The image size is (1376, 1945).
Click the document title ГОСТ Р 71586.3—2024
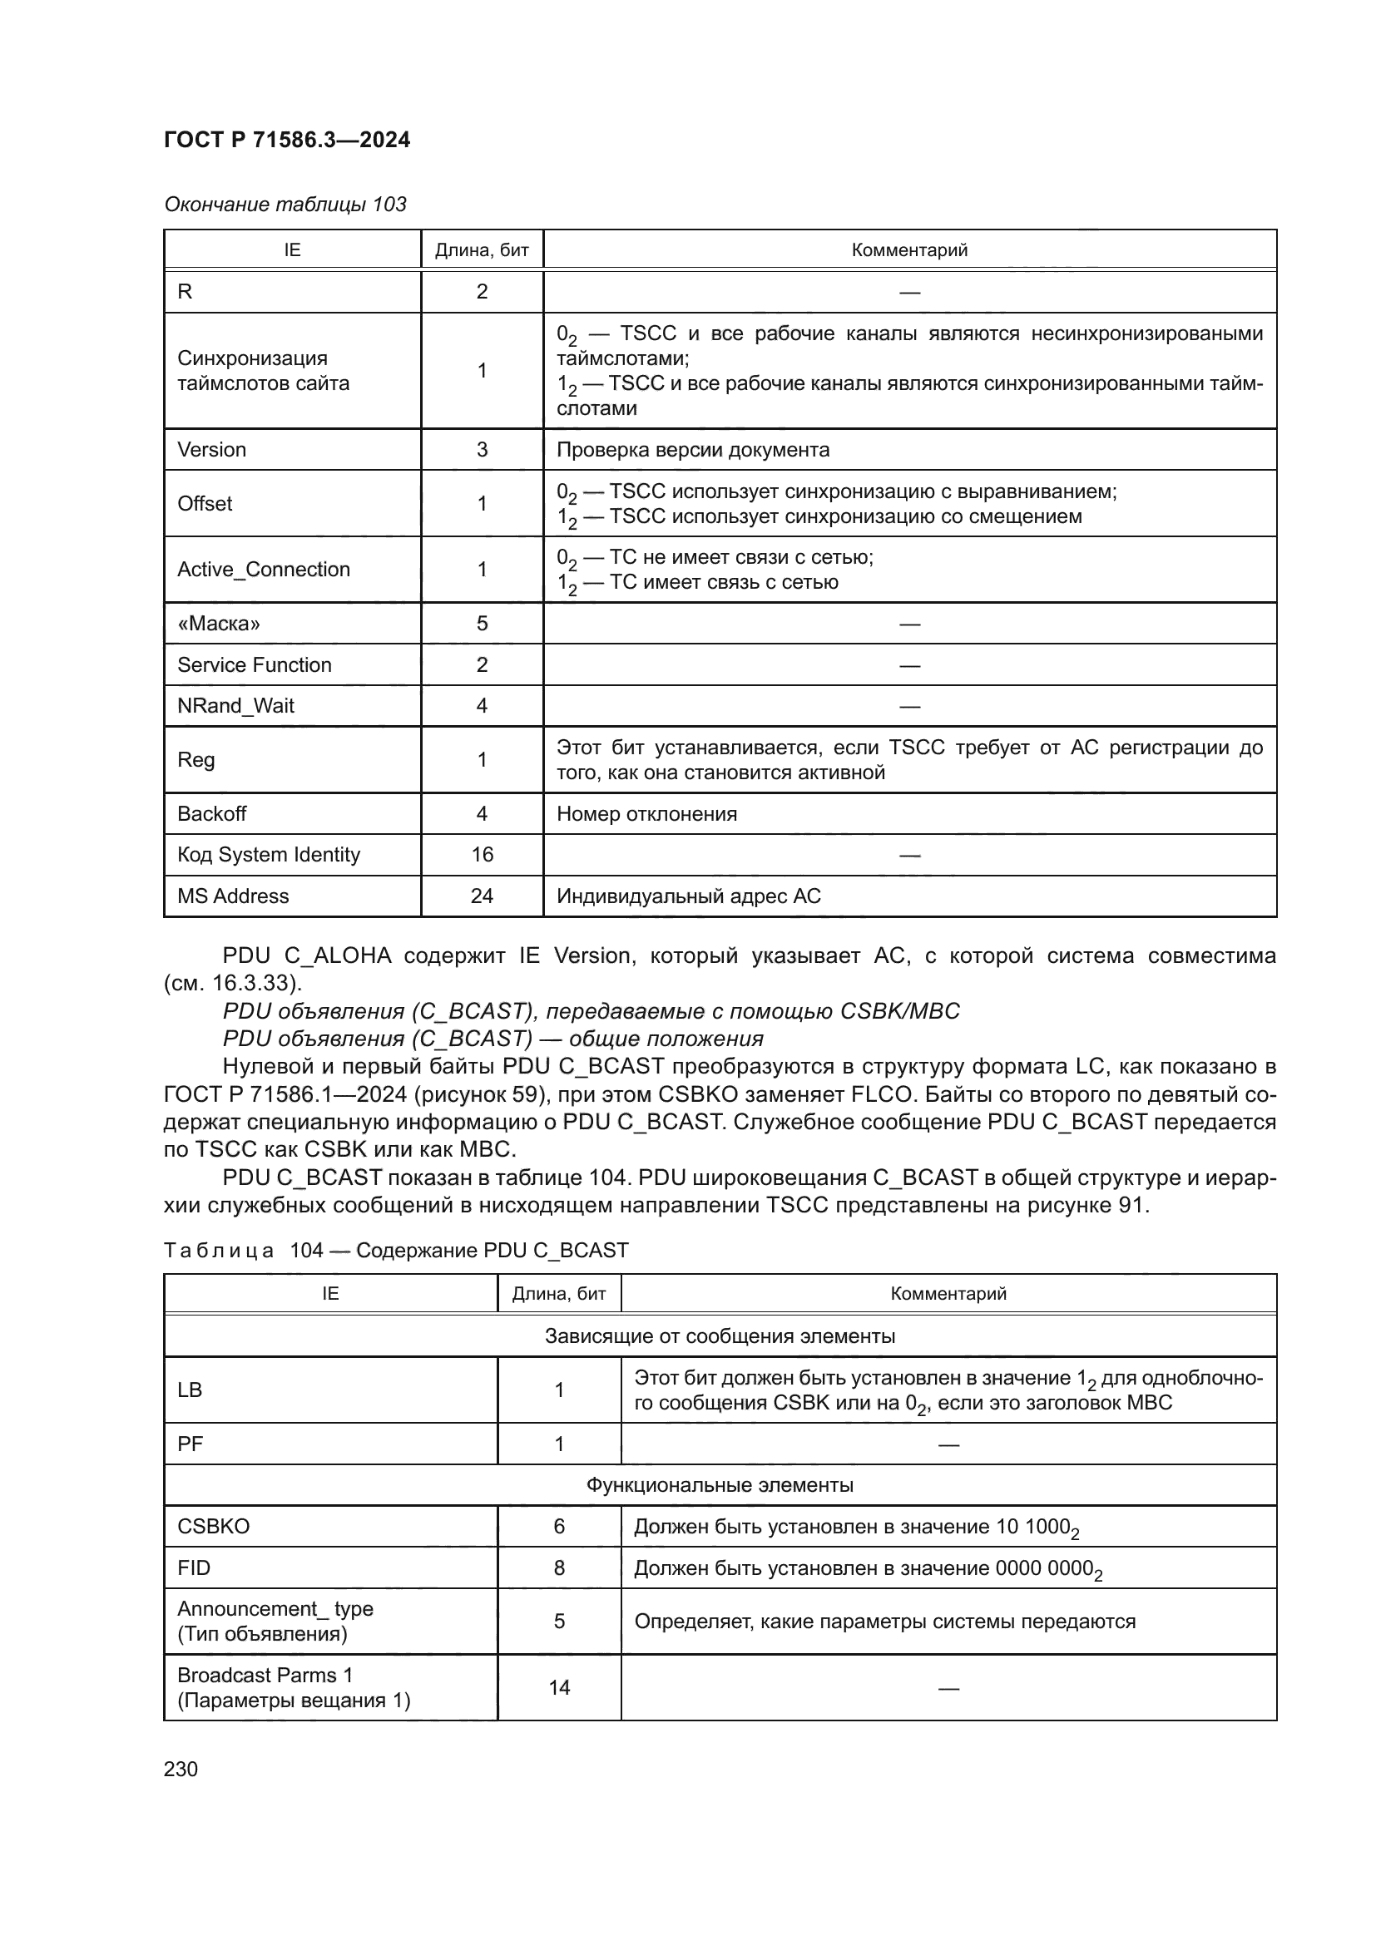(x=286, y=140)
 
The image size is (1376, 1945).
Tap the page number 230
(x=181, y=1769)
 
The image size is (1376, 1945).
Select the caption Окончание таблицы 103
(x=285, y=205)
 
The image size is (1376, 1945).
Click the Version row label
(x=212, y=450)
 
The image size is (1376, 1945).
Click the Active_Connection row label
(x=264, y=570)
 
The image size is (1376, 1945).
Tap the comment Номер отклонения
(x=646, y=814)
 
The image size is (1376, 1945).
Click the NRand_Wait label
(x=235, y=706)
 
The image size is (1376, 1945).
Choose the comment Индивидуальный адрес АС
(x=688, y=896)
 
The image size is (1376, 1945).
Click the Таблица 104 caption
(x=396, y=1251)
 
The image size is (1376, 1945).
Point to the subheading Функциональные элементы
(x=720, y=1485)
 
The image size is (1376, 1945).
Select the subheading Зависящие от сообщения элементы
(x=720, y=1336)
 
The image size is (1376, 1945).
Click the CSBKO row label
(x=214, y=1527)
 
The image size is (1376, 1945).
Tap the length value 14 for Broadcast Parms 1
(x=559, y=1687)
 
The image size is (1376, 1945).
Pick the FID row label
(x=194, y=1568)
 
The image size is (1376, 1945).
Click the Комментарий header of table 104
(x=948, y=1294)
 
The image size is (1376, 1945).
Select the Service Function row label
(x=255, y=665)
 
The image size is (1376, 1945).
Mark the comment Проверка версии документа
(x=692, y=450)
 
